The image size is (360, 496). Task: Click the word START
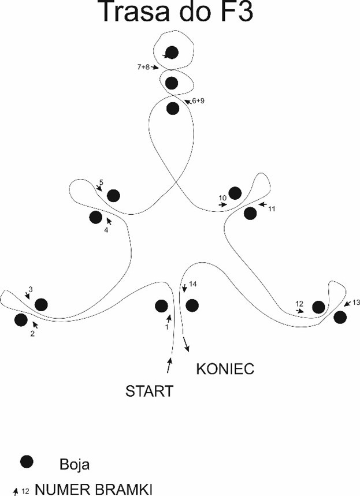[x=149, y=391]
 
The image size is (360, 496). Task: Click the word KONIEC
[x=225, y=369]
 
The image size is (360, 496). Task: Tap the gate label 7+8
[x=143, y=67]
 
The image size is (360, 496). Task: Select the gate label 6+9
[x=198, y=100]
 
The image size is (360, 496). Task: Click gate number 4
[x=106, y=230]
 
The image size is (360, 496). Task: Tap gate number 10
[x=222, y=198]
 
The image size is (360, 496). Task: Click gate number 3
[x=31, y=289]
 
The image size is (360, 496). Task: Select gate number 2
[x=32, y=333]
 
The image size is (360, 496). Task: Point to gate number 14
[x=193, y=284]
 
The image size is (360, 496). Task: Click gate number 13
[x=355, y=302]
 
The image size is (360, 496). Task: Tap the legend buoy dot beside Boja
[x=26, y=461]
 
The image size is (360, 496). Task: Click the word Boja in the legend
[x=74, y=464]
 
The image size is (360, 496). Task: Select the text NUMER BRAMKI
[x=94, y=490]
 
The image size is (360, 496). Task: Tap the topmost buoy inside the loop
[x=172, y=53]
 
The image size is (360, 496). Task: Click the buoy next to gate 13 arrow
[x=340, y=316]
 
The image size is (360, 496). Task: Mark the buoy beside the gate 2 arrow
[x=21, y=319]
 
